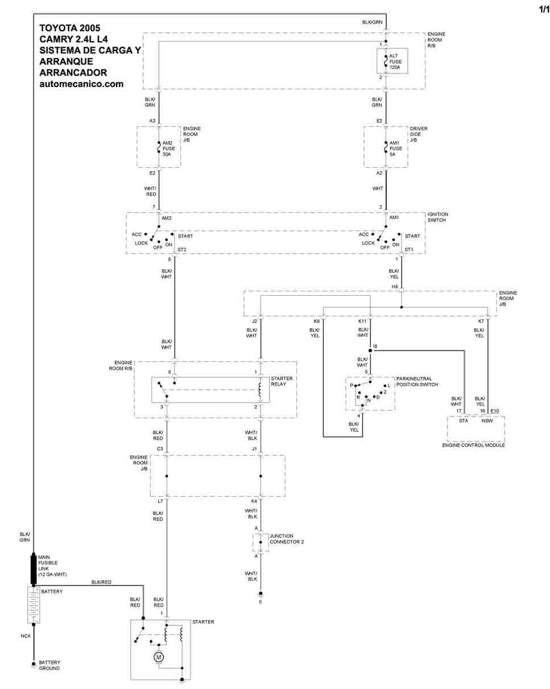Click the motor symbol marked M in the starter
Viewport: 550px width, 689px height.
click(159, 657)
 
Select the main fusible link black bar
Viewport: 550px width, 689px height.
click(34, 570)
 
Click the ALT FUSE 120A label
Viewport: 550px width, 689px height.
click(395, 61)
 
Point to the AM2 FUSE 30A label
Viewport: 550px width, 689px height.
click(169, 148)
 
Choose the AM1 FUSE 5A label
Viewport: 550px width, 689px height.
click(396, 148)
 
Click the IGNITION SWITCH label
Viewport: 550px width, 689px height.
click(437, 217)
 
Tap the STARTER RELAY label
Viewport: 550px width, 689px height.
click(282, 381)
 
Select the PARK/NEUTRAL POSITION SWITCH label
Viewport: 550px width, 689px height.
click(417, 381)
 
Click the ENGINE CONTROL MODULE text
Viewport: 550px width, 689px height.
click(473, 445)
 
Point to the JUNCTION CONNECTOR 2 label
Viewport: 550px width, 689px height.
click(287, 539)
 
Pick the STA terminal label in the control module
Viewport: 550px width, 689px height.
click(463, 420)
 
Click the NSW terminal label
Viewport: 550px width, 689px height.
click(487, 420)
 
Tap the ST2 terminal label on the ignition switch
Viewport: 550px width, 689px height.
click(181, 249)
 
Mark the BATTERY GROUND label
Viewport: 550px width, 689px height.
click(49, 665)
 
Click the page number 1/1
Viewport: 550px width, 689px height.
click(544, 9)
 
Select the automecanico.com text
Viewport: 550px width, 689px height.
click(81, 84)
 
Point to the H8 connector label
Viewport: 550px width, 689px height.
click(395, 287)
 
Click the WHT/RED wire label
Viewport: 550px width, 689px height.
click(150, 191)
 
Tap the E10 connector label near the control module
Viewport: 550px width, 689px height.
click(494, 411)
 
